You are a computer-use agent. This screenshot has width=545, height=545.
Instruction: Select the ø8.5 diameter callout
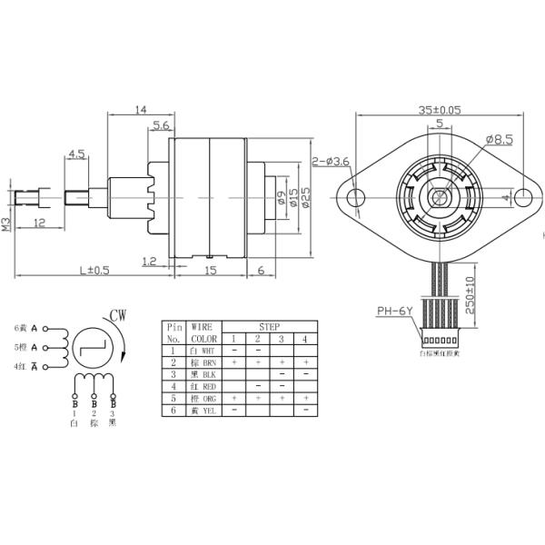(500, 139)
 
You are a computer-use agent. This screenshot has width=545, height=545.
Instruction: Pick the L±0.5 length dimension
(94, 270)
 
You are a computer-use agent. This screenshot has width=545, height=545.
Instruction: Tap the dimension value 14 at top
(140, 109)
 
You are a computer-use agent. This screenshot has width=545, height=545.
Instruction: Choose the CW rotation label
(118, 317)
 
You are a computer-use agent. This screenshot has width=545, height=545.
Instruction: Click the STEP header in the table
(270, 326)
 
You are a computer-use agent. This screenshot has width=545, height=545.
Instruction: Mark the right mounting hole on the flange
(524, 195)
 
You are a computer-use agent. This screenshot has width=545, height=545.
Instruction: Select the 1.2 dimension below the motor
(150, 261)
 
